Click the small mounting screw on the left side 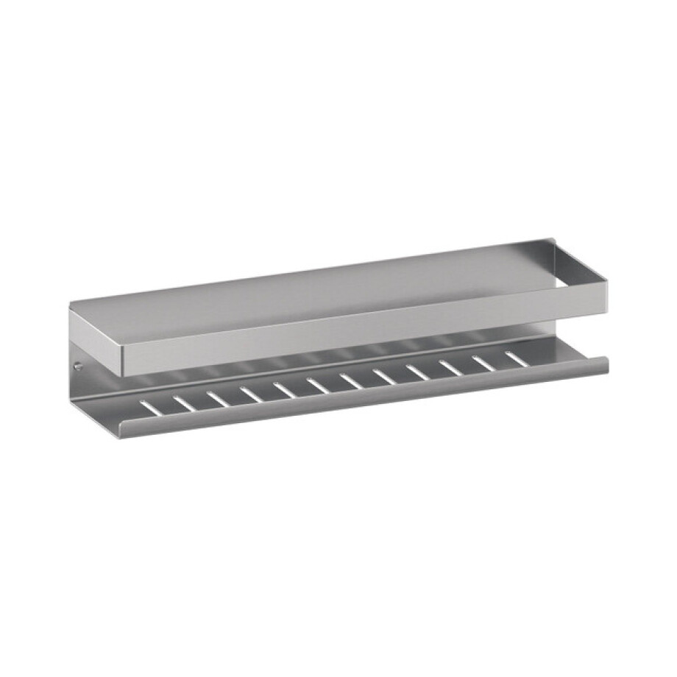pos(79,364)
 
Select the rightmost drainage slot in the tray pos(514,358)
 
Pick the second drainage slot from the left pos(182,401)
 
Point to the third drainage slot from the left pos(216,397)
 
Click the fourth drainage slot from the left pos(249,393)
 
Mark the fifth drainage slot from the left pos(283,389)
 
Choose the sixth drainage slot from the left pos(317,384)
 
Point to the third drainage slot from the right pos(450,366)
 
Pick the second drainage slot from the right pos(483,362)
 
